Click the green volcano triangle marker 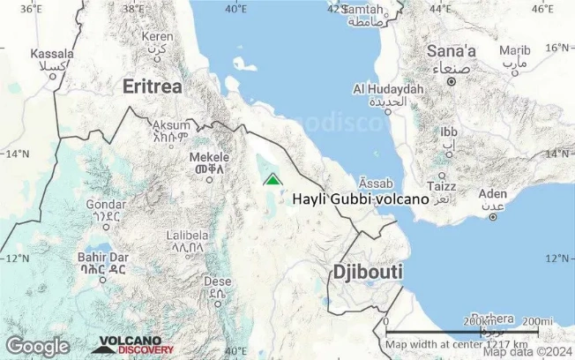273,179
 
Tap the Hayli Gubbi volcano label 360,199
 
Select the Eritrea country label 153,86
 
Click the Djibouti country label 368,272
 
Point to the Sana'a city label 451,51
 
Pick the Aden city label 492,194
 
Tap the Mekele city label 209,157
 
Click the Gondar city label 105,205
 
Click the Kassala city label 51,54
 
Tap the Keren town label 158,37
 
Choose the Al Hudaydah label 388,89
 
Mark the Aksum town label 171,125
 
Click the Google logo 37,346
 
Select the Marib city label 515,50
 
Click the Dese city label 217,282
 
